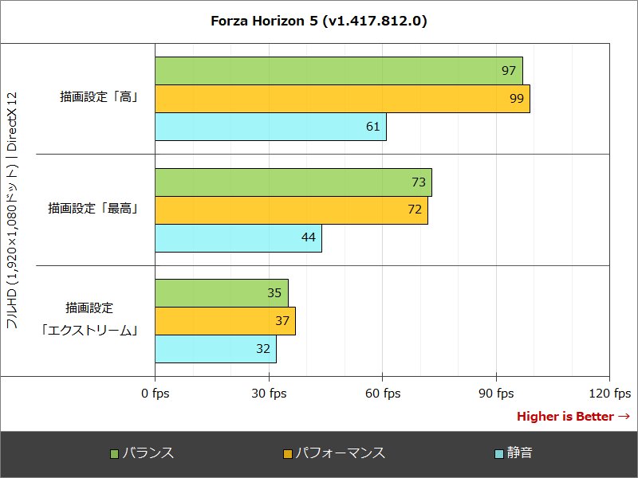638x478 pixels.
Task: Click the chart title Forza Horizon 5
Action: coord(318,22)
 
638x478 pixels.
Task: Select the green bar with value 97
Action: coord(339,71)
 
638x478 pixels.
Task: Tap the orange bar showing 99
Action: coord(342,99)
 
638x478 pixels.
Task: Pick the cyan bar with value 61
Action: coord(270,127)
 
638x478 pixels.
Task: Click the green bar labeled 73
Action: coord(293,182)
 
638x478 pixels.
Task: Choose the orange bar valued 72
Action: coord(291,210)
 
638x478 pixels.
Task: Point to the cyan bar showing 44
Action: coord(238,238)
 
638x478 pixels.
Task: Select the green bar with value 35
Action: coord(222,293)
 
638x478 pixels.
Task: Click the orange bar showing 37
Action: coord(225,321)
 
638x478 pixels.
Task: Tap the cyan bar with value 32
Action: coord(215,349)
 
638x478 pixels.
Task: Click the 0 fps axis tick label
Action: coord(155,393)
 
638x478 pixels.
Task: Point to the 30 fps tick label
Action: coord(269,393)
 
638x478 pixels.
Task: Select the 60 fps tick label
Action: coord(383,393)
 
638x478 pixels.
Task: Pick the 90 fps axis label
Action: coord(496,393)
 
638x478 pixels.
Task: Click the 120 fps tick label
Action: coord(609,393)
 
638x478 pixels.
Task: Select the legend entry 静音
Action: coord(514,453)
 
